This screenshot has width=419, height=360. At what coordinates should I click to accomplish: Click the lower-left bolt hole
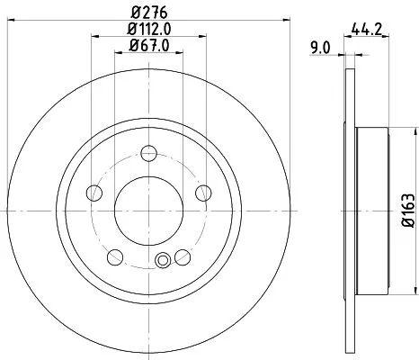click(x=114, y=258)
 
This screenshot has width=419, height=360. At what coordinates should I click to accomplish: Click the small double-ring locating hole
click(x=163, y=262)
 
